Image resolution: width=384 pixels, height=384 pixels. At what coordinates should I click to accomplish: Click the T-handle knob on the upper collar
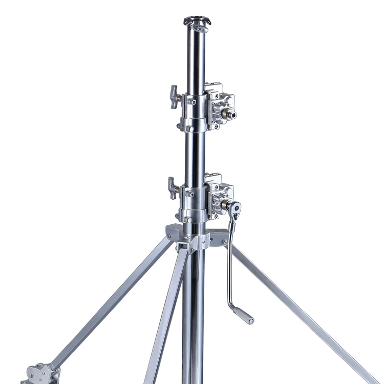(174, 96)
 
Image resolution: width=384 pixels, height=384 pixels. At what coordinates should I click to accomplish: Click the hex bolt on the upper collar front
(191, 102)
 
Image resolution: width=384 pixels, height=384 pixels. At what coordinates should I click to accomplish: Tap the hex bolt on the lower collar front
(190, 194)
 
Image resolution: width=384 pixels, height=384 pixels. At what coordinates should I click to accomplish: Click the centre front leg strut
(166, 317)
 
